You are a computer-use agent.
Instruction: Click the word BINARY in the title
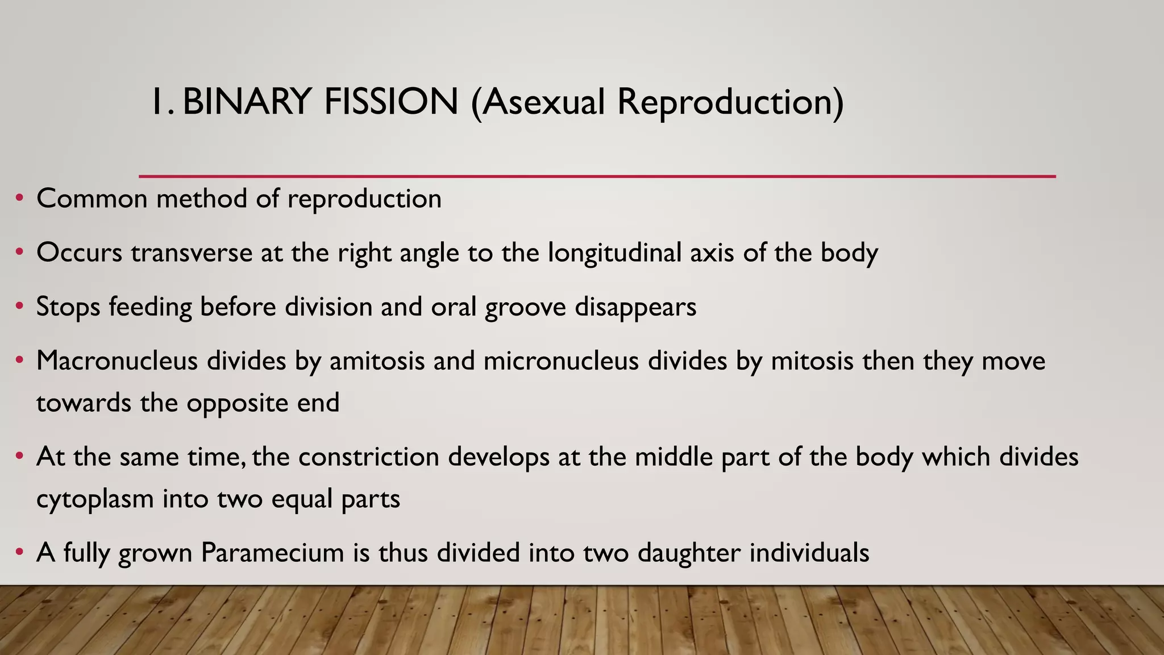(246, 102)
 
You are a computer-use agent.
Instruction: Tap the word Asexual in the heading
(538, 102)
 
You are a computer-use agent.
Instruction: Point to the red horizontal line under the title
(597, 177)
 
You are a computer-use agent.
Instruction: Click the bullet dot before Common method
(20, 198)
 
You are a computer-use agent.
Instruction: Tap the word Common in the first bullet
(92, 199)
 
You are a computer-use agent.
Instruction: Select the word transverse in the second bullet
(192, 253)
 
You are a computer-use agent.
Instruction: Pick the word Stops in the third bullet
(68, 308)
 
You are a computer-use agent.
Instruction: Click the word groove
(525, 308)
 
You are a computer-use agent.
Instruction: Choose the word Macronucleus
(117, 361)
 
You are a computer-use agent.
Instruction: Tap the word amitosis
(377, 361)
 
